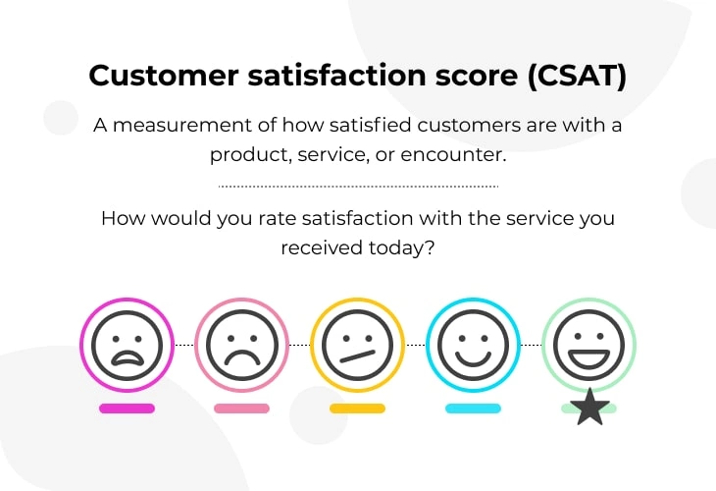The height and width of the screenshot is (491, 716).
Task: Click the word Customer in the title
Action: tap(164, 76)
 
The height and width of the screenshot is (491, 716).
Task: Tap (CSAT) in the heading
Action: tap(577, 76)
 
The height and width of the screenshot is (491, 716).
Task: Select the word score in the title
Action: tap(477, 76)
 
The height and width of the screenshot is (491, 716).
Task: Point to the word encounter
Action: tap(453, 154)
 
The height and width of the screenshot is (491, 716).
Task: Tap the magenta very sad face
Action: tap(127, 345)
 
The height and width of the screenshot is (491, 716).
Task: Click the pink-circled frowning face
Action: tap(242, 345)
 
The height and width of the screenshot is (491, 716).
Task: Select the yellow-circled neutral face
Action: tap(358, 345)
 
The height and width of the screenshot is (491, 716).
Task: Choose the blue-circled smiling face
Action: tap(473, 345)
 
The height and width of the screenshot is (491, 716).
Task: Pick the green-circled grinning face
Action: tap(588, 345)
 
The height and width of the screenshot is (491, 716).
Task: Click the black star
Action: tap(590, 408)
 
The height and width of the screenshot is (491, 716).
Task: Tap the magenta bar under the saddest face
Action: tap(127, 409)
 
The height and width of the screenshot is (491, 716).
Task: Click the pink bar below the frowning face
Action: tap(242, 409)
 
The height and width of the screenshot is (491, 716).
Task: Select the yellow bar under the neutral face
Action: tap(358, 409)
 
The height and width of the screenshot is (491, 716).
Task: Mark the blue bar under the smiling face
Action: tap(473, 409)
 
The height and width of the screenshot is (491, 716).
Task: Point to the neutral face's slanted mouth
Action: tap(358, 356)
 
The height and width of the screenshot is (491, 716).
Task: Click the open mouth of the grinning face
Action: tap(588, 359)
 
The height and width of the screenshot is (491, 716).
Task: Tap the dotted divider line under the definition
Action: tap(358, 187)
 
